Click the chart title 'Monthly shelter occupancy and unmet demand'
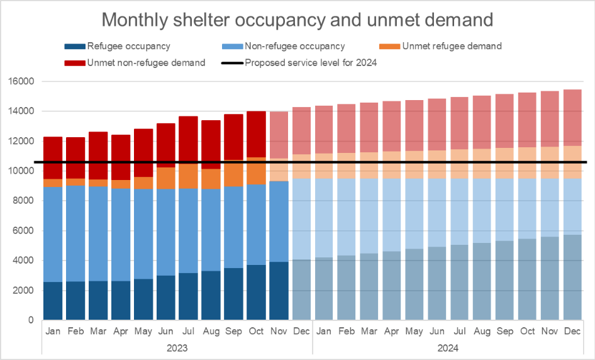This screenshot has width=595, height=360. pyautogui.click(x=297, y=20)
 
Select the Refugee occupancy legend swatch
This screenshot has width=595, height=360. pyautogui.click(x=74, y=46)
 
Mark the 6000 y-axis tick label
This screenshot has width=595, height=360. pyautogui.click(x=23, y=231)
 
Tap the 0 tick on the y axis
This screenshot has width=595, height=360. pyautogui.click(x=30, y=320)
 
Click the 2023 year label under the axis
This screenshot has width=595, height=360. pyautogui.click(x=177, y=347)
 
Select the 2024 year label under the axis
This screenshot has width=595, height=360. pyautogui.click(x=448, y=347)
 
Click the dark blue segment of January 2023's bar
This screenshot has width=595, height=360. pyautogui.click(x=53, y=301)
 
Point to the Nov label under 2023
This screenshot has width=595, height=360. pyautogui.click(x=279, y=330)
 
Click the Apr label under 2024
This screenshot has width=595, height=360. pyautogui.click(x=392, y=330)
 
